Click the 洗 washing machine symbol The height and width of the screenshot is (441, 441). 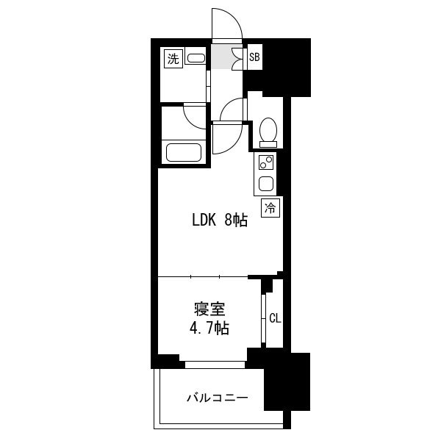point(173,59)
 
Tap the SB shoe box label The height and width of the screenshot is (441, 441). point(254,57)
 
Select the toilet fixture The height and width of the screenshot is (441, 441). point(268,132)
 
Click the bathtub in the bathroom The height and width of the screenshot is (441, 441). point(184,152)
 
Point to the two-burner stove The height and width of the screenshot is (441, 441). point(266,162)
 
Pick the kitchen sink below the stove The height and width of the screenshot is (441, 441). point(266,183)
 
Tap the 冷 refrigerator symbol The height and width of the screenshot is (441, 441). point(270,208)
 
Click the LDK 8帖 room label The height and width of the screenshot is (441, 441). point(220,220)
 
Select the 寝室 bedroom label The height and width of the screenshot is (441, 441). point(209,309)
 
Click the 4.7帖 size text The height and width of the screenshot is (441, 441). point(209,328)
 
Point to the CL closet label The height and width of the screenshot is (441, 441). point(275,318)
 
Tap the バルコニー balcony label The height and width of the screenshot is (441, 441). point(218,398)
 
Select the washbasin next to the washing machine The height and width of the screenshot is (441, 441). point(196,58)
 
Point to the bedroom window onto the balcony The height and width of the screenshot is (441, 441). point(215,365)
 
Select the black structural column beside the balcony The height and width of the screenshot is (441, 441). point(287,381)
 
